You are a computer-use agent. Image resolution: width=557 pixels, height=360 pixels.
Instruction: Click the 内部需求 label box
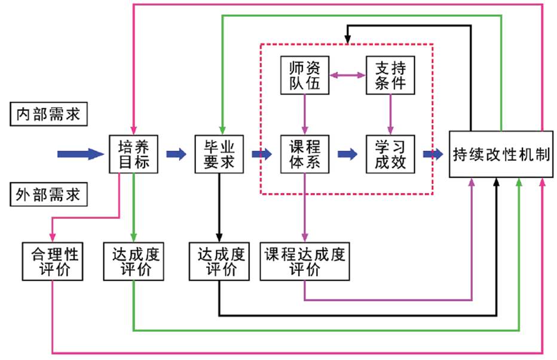[x=49, y=114]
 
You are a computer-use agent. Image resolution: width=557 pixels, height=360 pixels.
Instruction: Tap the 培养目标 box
[x=133, y=154]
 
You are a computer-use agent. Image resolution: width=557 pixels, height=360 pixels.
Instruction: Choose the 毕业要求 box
[x=219, y=154]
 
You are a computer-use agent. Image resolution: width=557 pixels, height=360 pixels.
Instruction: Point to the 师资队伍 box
[x=305, y=75]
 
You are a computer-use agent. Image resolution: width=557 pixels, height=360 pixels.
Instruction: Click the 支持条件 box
[x=390, y=75]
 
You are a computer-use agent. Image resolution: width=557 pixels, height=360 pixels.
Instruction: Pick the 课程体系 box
[x=305, y=154]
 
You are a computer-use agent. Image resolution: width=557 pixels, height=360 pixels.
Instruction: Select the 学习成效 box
[x=390, y=154]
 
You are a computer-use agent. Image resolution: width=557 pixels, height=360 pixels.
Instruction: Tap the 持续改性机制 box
[x=501, y=154]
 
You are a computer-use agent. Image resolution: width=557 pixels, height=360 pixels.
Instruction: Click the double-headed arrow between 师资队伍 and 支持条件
[x=348, y=75]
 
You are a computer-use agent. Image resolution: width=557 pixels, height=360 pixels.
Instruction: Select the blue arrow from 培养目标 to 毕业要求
[x=176, y=154]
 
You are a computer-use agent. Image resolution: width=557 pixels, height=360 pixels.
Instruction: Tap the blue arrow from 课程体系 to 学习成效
[x=347, y=154]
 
